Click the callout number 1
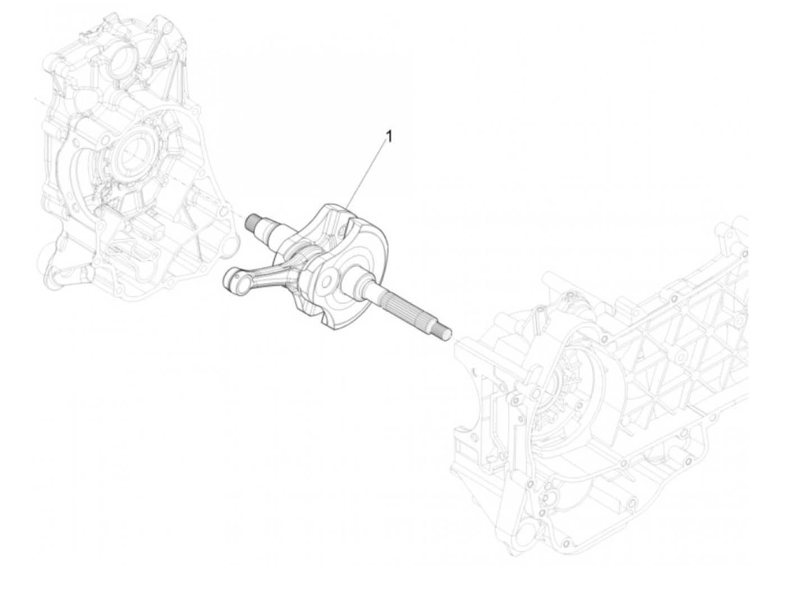[x=389, y=137]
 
